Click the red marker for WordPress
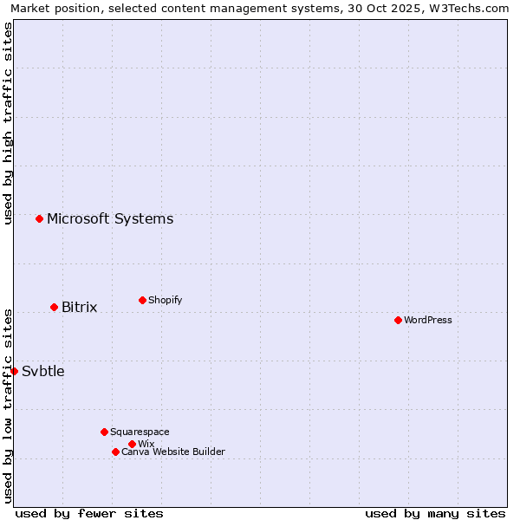pos(398,320)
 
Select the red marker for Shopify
pos(142,300)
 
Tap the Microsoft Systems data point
pos(39,218)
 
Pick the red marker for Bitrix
pos(54,307)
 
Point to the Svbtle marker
pos(14,371)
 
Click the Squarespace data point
pos(104,432)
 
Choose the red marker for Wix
pos(132,444)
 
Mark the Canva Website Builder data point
pos(115,452)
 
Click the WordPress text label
pos(428,320)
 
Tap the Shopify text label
pos(166,300)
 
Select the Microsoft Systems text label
pos(110,218)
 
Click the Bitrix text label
pos(80,307)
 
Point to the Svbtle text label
pos(43,371)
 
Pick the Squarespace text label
pos(140,432)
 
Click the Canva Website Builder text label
pos(173,452)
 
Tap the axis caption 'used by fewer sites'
pos(89,513)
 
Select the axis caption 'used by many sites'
pos(435,513)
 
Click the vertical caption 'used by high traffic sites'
pos(8,123)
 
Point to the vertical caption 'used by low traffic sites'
pos(8,406)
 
